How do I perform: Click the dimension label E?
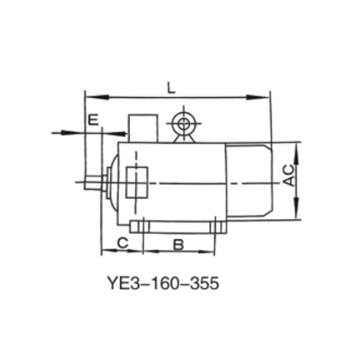tap(93, 120)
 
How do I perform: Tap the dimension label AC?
tap(290, 175)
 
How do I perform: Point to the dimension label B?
tap(179, 244)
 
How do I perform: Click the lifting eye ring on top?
tap(184, 123)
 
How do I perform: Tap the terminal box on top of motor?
tap(143, 128)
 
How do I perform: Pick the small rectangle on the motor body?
tap(137, 182)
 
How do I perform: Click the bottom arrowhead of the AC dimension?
tap(297, 214)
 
